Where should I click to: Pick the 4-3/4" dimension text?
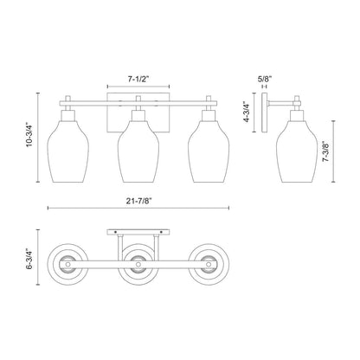247,115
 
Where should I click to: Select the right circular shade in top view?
208,264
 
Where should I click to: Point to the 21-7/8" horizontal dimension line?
87,209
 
